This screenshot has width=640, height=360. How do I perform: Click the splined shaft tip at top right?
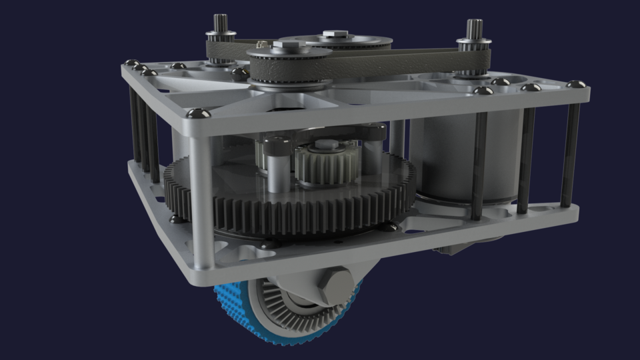[x=473, y=28]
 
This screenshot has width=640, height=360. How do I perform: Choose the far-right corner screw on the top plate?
[x=575, y=85]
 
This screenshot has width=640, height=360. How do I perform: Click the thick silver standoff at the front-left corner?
[x=201, y=200]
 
